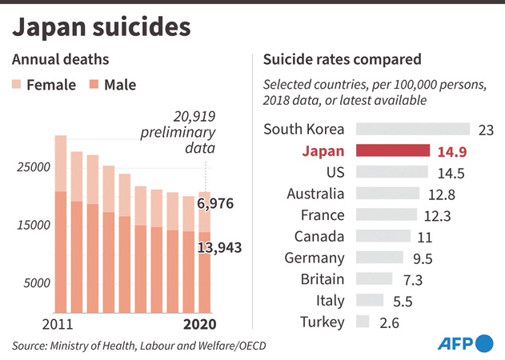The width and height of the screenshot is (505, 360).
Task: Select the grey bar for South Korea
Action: (412, 129)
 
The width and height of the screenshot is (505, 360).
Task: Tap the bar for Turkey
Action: (362, 322)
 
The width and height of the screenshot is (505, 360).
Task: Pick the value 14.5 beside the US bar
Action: (451, 173)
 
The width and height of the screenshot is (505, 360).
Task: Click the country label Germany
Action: (315, 258)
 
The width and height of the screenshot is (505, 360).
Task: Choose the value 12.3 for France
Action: (437, 216)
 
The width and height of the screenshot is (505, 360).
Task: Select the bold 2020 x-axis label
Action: (199, 325)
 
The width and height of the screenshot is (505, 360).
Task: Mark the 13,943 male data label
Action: (220, 248)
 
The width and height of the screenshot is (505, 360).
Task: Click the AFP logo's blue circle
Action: (484, 344)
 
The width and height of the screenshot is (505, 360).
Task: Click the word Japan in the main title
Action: (55, 26)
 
